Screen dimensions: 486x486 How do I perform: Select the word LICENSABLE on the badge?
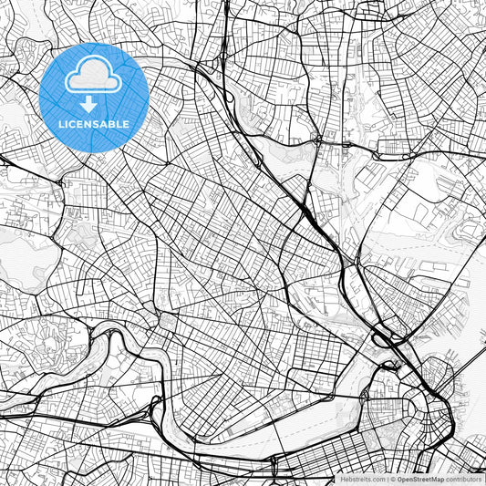tap(94, 123)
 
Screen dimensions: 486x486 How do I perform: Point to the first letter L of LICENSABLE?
tap(61, 123)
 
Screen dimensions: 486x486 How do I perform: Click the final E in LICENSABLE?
tap(126, 123)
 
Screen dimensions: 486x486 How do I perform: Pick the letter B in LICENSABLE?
tap(111, 123)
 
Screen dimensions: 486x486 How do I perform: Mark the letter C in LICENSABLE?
tap(73, 123)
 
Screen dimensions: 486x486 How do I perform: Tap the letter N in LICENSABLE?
tap(88, 123)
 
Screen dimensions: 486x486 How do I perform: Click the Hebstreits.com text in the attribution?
tap(362, 479)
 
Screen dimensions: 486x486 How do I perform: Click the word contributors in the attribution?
tap(461, 479)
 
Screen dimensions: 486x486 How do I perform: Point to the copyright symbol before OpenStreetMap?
tap(392, 479)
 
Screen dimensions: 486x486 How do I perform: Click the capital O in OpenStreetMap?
tap(398, 479)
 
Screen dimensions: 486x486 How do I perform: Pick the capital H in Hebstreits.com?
tap(344, 479)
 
